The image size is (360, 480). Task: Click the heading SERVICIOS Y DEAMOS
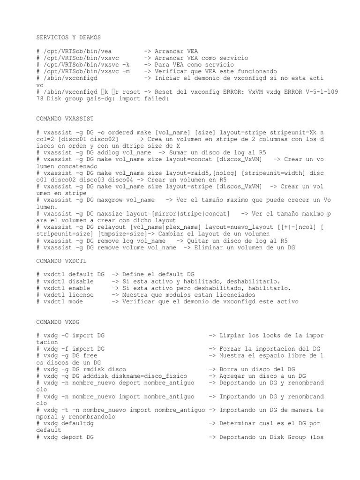(x=68, y=37)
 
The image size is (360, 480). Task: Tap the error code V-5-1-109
(x=319, y=92)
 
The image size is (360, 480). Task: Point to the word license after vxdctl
(x=81, y=295)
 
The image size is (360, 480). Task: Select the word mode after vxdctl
(x=75, y=302)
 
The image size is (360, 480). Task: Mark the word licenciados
(x=234, y=295)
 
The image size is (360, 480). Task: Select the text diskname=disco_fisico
(x=149, y=376)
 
